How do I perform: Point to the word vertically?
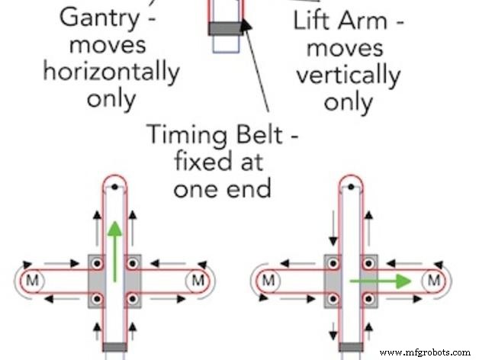click(x=348, y=75)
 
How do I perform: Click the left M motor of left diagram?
click(x=33, y=281)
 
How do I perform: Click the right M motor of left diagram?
click(x=197, y=281)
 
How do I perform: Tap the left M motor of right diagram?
click(x=268, y=281)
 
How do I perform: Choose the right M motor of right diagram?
click(x=433, y=281)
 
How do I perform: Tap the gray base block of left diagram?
click(x=114, y=348)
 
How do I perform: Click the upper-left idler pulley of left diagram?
click(x=97, y=263)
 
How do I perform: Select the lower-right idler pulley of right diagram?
click(x=368, y=298)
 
